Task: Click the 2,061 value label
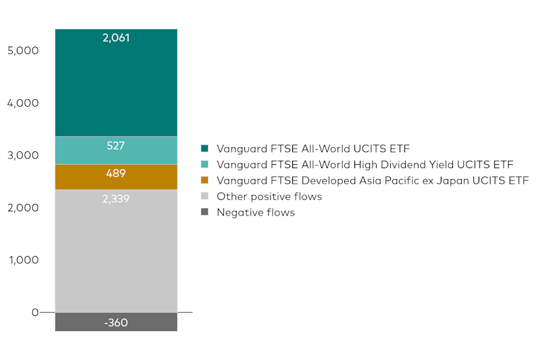coord(116,38)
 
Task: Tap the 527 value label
coord(116,145)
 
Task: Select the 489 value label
coord(116,173)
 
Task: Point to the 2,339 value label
coord(116,199)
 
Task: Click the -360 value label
coord(116,322)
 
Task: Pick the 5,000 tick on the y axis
coord(24,51)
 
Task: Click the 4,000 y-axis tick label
coord(24,103)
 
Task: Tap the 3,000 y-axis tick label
coord(24,155)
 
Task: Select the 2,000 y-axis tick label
coord(24,207)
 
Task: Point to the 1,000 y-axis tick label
coord(24,260)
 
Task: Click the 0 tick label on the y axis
coord(34,312)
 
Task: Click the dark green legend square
coord(205,148)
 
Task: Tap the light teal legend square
coord(205,164)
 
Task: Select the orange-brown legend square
coord(205,180)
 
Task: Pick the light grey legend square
coord(205,197)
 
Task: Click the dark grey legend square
coord(205,212)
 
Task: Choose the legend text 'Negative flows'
coord(256,212)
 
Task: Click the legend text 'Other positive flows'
coord(269,197)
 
